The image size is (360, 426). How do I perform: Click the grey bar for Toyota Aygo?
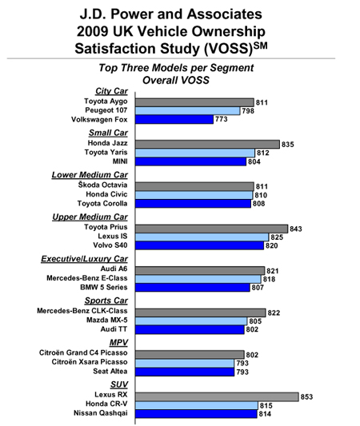pyautogui.click(x=194, y=102)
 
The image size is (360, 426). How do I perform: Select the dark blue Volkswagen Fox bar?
pyautogui.click(x=174, y=119)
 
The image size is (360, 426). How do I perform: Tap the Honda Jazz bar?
pyautogui.click(x=207, y=144)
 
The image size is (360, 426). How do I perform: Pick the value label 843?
pyautogui.click(x=296, y=229)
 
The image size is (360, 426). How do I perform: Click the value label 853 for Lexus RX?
pyautogui.click(x=306, y=397)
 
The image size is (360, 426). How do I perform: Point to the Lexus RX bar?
pyautogui.click(x=217, y=396)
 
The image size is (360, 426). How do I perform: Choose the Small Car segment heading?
pyautogui.click(x=108, y=133)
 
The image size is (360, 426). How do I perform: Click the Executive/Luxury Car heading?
pyautogui.click(x=84, y=259)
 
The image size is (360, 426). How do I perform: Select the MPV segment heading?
pyautogui.click(x=118, y=343)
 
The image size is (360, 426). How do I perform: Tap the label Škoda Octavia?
pyautogui.click(x=102, y=185)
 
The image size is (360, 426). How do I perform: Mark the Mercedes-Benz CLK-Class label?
pyautogui.click(x=82, y=311)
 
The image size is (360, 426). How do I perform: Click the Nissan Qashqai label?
pyautogui.click(x=101, y=413)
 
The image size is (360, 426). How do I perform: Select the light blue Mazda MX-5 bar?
pyautogui.click(x=191, y=321)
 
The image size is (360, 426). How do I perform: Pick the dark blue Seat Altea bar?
pyautogui.click(x=185, y=372)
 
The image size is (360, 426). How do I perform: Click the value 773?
pyautogui.click(x=222, y=119)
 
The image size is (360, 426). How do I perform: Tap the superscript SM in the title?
pyautogui.click(x=260, y=45)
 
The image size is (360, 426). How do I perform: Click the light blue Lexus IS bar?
pyautogui.click(x=202, y=237)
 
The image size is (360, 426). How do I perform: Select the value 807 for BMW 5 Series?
pyautogui.click(x=258, y=288)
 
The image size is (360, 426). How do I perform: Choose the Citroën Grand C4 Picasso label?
pyautogui.click(x=83, y=353)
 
